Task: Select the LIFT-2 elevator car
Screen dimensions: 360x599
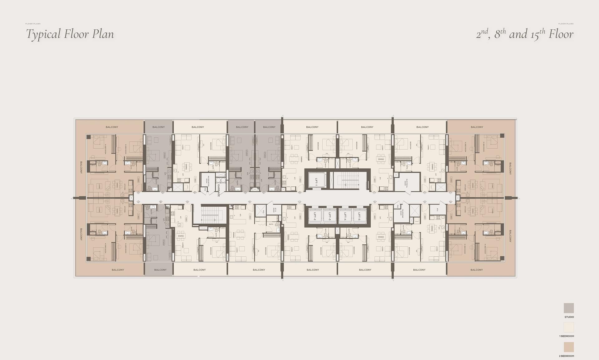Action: click(x=315, y=215)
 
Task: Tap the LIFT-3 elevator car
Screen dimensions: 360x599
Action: click(x=330, y=215)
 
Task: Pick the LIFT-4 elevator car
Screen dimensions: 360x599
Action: click(x=345, y=215)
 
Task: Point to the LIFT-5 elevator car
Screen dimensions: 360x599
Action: click(x=360, y=215)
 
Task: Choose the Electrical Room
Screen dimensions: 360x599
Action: click(x=407, y=182)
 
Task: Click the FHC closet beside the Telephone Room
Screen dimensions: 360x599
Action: click(x=398, y=207)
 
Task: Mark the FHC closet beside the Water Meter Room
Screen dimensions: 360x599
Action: click(x=205, y=189)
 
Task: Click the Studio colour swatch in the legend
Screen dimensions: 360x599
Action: click(x=569, y=308)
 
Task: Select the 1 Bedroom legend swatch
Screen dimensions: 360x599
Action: click(x=569, y=327)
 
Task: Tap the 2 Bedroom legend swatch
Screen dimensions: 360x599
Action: click(x=569, y=347)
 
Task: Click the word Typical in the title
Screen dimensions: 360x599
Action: click(x=43, y=34)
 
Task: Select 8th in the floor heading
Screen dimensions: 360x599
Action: click(x=500, y=34)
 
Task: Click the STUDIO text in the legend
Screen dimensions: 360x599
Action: click(x=569, y=317)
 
